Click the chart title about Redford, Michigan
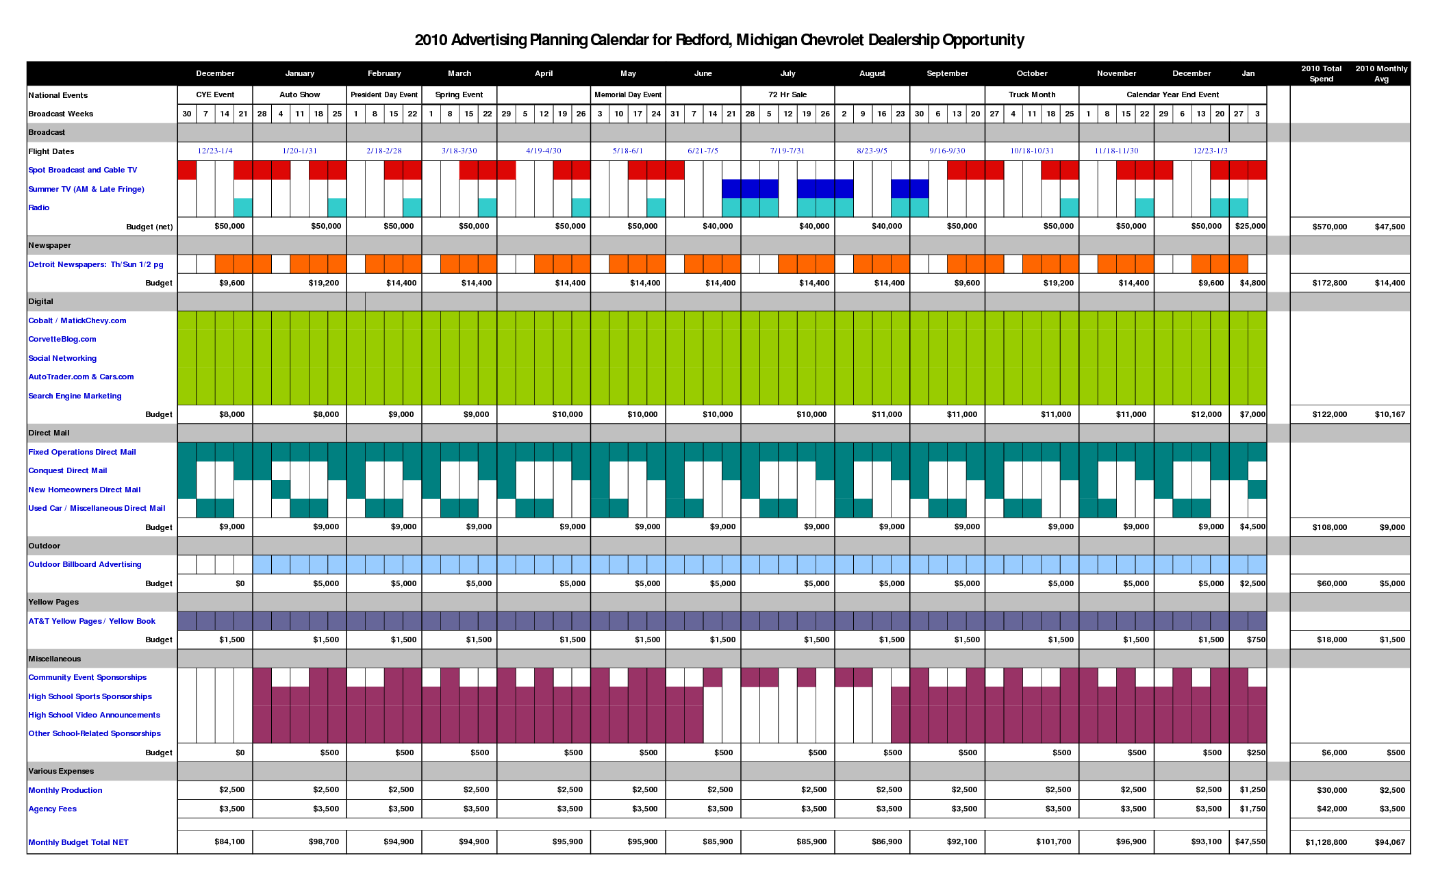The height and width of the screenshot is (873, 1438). point(719,40)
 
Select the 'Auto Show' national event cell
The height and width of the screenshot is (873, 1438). point(299,94)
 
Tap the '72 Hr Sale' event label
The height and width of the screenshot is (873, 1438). point(787,94)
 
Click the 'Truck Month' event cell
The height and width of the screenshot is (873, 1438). point(1031,94)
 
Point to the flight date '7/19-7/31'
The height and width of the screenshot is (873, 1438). point(787,151)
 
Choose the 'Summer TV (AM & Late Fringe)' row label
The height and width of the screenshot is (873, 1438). point(86,189)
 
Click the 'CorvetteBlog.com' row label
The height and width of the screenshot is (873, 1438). point(62,339)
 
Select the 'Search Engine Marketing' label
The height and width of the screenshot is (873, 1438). point(75,396)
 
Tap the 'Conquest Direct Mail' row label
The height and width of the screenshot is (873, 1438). point(68,470)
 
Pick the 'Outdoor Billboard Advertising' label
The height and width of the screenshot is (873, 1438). point(85,564)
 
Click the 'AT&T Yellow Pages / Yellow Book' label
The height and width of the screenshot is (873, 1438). point(92,621)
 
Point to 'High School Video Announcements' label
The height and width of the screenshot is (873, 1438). point(94,715)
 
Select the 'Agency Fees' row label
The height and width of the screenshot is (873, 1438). point(53,809)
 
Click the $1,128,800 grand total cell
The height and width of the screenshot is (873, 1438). point(1326,842)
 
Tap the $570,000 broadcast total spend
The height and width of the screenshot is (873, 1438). point(1329,227)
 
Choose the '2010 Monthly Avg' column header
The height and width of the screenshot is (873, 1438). point(1381,73)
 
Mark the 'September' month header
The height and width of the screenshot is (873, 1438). point(947,73)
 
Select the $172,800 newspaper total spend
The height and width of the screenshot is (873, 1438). point(1329,283)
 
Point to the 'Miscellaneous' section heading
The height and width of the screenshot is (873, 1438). point(55,659)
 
